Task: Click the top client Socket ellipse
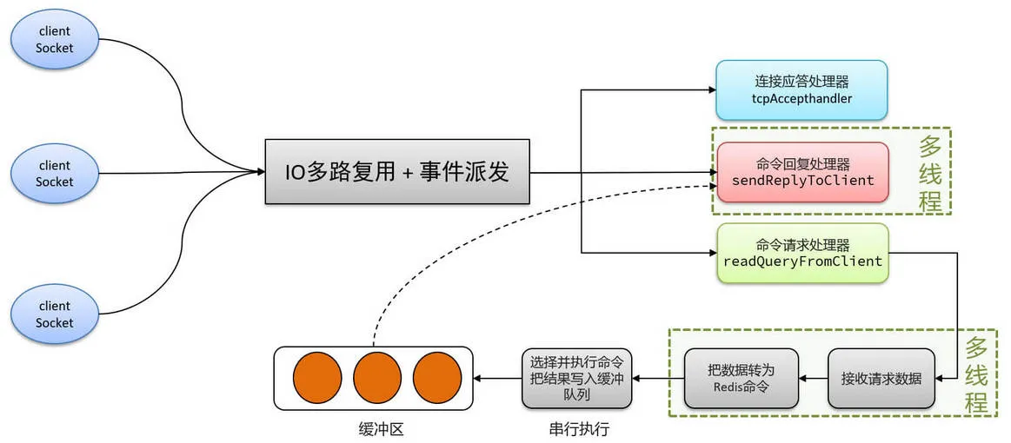(x=54, y=40)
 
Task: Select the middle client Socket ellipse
(x=54, y=174)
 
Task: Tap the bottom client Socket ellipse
(x=54, y=314)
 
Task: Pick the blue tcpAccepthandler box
(x=801, y=89)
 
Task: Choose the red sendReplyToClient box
(x=802, y=172)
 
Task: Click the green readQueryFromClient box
(x=801, y=253)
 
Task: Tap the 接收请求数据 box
(x=881, y=379)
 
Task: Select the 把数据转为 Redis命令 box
(x=741, y=379)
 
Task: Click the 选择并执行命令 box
(x=576, y=379)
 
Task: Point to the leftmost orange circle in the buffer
(x=316, y=379)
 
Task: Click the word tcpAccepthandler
(x=801, y=99)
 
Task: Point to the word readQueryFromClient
(x=802, y=261)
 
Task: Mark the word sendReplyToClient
(x=802, y=181)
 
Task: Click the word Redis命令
(x=741, y=387)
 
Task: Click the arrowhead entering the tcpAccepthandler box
(x=710, y=89)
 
